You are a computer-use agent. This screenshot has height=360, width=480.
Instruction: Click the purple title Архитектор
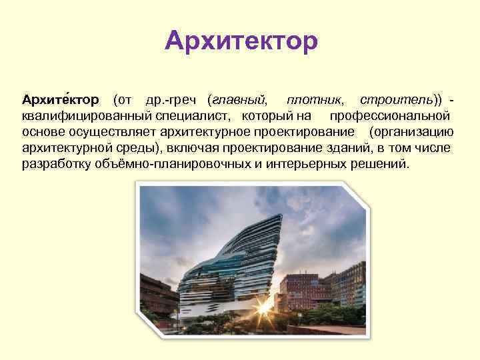pos(241,41)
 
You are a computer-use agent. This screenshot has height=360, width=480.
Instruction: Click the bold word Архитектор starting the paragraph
pos(61,100)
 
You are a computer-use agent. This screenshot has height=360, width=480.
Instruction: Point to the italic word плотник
pos(315,100)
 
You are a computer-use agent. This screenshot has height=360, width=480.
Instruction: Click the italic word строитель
pos(396,100)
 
